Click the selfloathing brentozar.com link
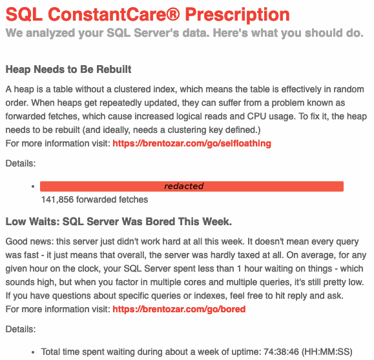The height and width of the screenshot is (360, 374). click(192, 143)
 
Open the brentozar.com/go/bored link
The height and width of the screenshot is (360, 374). click(179, 309)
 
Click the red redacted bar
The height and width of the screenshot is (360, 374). click(191, 186)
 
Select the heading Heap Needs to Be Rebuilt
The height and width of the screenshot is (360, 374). click(68, 69)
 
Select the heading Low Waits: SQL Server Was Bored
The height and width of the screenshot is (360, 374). click(118, 222)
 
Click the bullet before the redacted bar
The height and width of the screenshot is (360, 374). click(32, 186)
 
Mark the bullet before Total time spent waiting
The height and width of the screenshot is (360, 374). click(32, 352)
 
